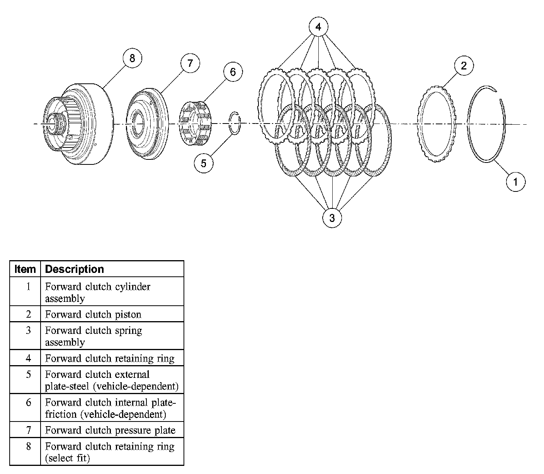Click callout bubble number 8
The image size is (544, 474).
[132, 58]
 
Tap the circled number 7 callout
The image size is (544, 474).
[190, 63]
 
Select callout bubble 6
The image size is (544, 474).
[233, 72]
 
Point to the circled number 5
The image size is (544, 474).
[204, 163]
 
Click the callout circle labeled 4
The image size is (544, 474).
[318, 27]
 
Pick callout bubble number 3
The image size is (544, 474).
[332, 218]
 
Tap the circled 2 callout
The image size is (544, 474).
[464, 65]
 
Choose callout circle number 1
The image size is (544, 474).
[516, 181]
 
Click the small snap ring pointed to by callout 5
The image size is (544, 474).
[235, 124]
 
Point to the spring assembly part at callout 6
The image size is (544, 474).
[195, 123]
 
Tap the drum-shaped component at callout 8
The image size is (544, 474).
[79, 124]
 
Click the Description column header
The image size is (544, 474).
[75, 269]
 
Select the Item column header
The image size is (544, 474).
[25, 269]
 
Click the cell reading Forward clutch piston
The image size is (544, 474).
[93, 314]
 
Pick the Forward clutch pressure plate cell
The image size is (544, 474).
[110, 430]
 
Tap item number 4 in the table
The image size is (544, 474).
[28, 358]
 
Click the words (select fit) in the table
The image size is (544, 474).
[67, 458]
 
